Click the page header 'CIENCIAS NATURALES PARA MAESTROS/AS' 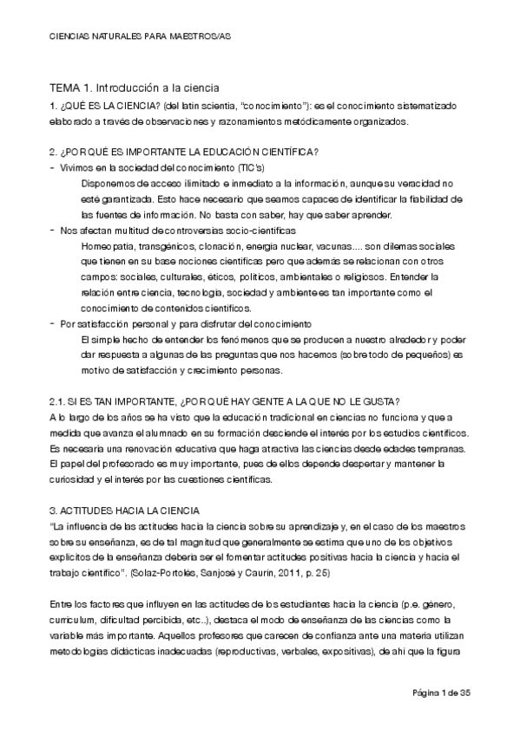click(x=141, y=38)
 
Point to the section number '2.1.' click(x=57, y=400)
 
